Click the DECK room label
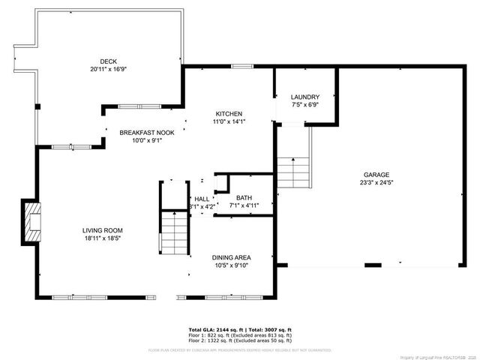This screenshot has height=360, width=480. (109, 61)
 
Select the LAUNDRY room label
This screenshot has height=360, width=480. (305, 97)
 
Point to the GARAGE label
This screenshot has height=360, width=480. (377, 174)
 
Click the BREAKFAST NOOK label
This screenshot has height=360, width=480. (147, 133)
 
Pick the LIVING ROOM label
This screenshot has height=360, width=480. (103, 230)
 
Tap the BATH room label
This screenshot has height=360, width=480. (244, 197)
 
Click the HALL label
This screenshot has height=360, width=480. (202, 198)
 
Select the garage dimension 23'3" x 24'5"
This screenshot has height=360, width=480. (377, 182)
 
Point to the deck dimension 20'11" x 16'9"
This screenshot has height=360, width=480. (109, 69)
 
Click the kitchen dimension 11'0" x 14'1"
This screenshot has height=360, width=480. (229, 121)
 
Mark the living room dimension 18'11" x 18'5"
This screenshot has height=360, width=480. (103, 238)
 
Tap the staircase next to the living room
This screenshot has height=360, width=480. (174, 232)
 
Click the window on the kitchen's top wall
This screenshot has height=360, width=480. (241, 66)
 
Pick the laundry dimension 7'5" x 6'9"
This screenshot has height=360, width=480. (305, 105)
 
